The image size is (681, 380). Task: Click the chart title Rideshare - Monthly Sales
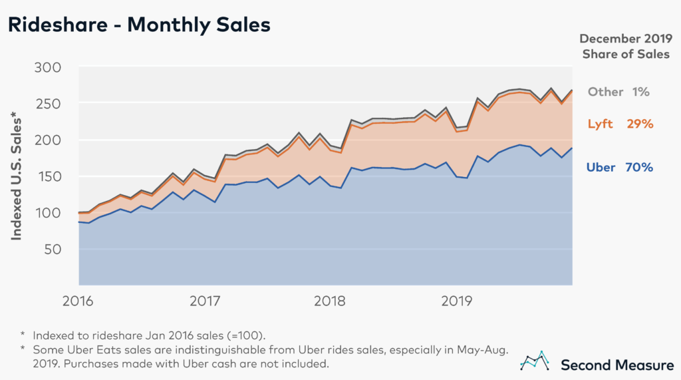(x=139, y=25)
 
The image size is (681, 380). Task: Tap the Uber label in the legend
(x=601, y=168)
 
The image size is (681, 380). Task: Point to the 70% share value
(x=639, y=168)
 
